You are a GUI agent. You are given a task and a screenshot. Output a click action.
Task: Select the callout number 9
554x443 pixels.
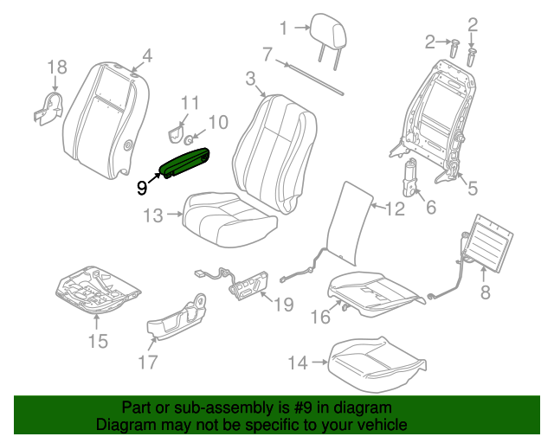coord(142,185)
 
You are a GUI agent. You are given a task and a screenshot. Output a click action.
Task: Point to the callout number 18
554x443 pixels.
coord(55,67)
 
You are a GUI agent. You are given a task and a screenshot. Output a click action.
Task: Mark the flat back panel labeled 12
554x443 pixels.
coord(346,221)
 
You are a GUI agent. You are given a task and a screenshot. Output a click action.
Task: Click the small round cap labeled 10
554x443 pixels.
coord(190,136)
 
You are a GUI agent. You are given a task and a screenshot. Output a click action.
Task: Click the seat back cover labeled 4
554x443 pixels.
coord(100,121)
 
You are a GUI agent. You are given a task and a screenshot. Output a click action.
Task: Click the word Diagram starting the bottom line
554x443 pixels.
coord(125,426)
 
